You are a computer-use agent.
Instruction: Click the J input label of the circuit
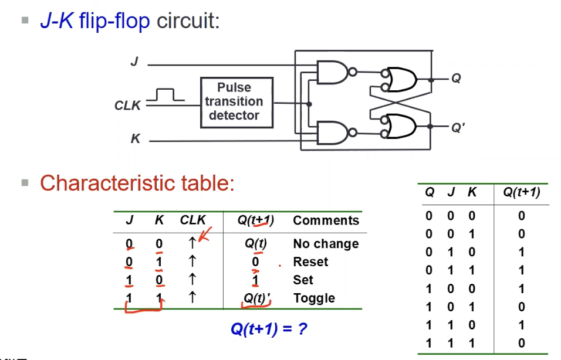click(x=134, y=62)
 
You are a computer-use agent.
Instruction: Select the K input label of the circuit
click(x=135, y=140)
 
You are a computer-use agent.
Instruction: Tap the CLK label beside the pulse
click(x=127, y=106)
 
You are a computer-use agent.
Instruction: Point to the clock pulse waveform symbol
click(x=166, y=96)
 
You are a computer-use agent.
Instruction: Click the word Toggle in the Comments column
click(x=314, y=298)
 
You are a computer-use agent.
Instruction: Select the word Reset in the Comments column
click(x=310, y=261)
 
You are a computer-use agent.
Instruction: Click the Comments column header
click(x=326, y=220)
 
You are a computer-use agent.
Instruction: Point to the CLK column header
click(x=192, y=220)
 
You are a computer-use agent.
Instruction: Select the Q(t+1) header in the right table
click(x=522, y=192)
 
